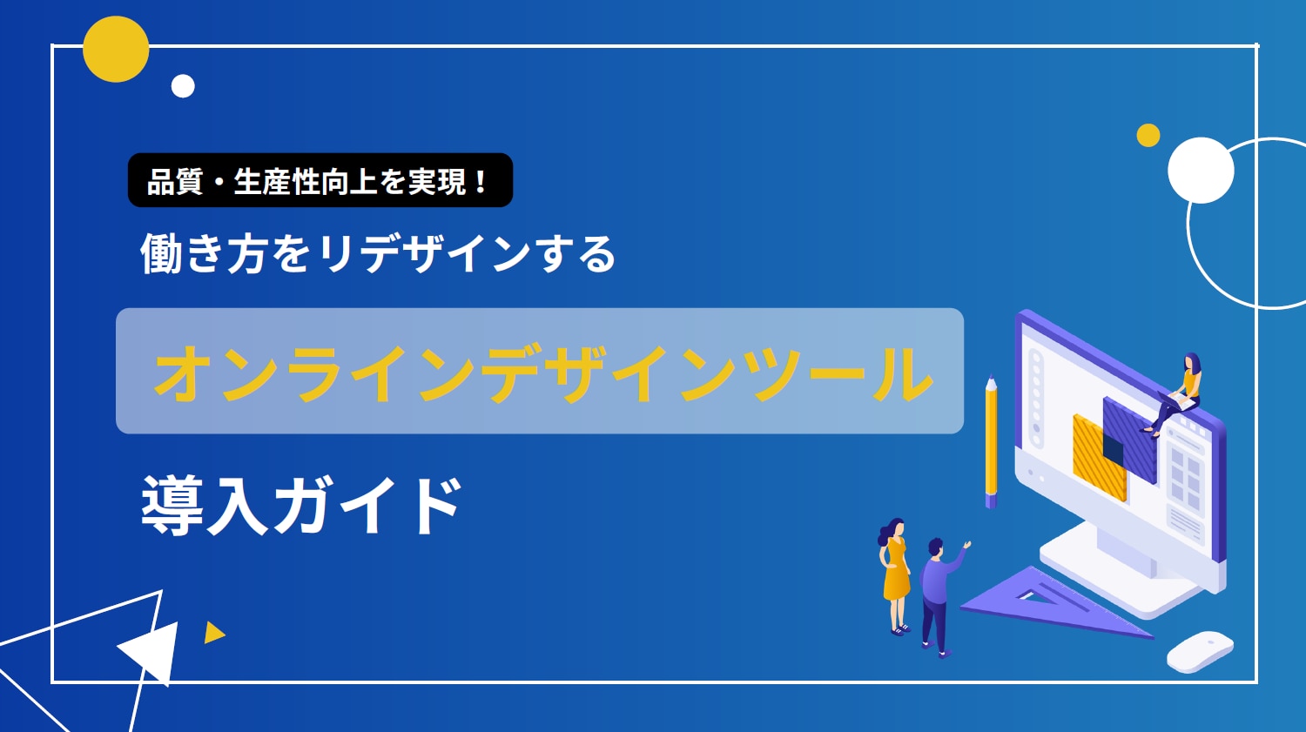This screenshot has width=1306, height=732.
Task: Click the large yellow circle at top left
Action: click(x=116, y=49)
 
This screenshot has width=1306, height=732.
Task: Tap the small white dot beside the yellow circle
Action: click(x=183, y=86)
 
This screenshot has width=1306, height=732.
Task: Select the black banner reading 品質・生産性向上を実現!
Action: click(x=320, y=180)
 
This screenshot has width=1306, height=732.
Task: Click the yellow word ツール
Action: click(x=844, y=373)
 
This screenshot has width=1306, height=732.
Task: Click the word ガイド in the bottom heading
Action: click(x=368, y=505)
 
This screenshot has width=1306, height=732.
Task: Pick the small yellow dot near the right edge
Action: click(x=1148, y=135)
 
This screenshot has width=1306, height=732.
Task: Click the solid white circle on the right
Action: click(x=1201, y=171)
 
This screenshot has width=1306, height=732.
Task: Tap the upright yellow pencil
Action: click(x=991, y=442)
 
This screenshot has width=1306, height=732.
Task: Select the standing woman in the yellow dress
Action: click(x=895, y=576)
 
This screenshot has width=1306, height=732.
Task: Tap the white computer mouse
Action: click(x=1200, y=652)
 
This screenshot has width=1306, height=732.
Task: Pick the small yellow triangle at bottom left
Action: click(x=214, y=633)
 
